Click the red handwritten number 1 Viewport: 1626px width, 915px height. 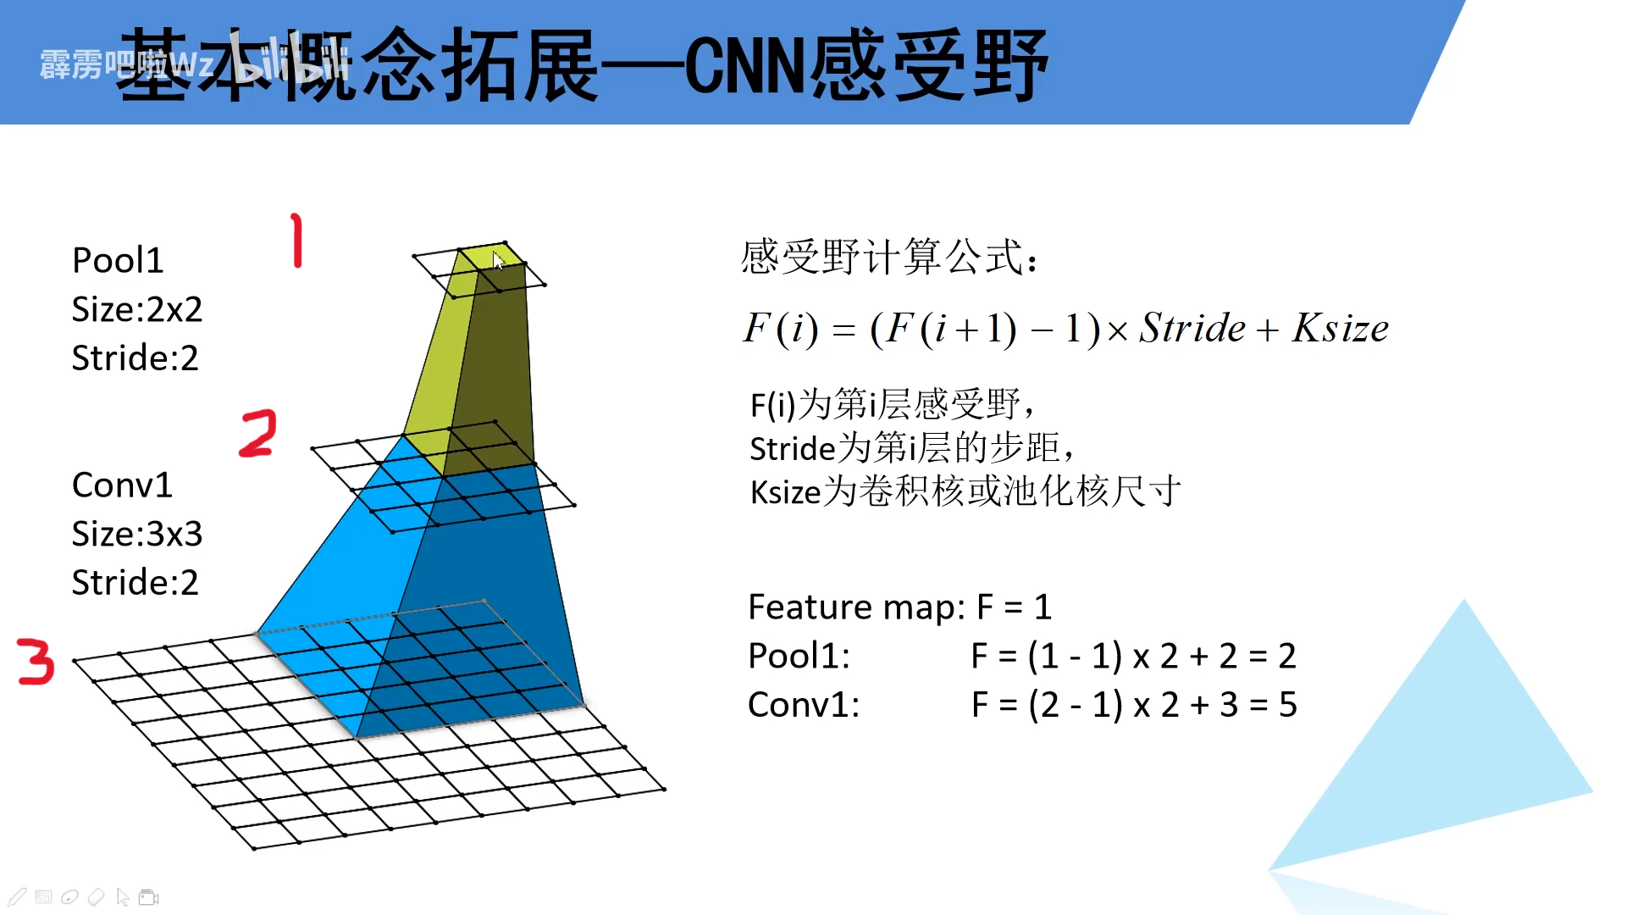tap(296, 241)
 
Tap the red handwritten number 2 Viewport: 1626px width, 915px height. tap(258, 434)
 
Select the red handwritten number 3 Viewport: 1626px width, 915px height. tap(36, 662)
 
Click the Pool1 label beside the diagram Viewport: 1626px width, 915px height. tap(118, 260)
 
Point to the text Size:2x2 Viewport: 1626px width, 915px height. tap(137, 309)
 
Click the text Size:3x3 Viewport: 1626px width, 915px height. tap(137, 534)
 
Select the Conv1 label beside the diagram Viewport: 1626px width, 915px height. tap(122, 485)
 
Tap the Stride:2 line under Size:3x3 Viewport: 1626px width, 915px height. tap(135, 583)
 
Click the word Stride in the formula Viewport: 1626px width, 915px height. tap(1192, 329)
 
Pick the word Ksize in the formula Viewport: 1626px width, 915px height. tap(1340, 329)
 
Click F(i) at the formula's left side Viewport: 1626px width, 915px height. tap(780, 329)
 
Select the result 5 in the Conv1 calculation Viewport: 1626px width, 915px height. tap(1287, 705)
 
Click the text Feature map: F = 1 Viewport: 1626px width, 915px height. tap(899, 607)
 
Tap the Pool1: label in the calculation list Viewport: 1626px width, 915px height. tap(799, 656)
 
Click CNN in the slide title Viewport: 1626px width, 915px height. tap(744, 66)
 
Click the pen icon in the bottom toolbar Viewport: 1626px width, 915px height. tap(17, 897)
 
